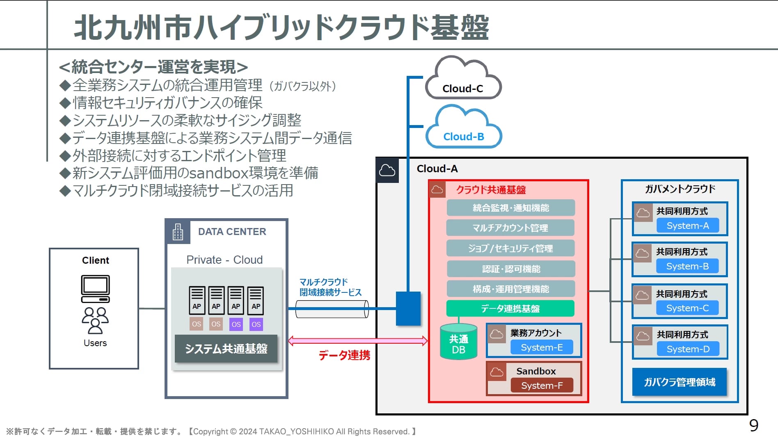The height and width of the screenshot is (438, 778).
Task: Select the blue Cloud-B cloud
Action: (464, 128)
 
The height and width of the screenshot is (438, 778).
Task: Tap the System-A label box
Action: (688, 226)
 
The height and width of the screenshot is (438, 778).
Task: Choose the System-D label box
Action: (688, 349)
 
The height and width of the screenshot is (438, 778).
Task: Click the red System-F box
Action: (542, 386)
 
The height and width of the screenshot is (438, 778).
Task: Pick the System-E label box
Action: (542, 347)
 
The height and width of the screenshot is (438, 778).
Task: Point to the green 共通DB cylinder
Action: (458, 342)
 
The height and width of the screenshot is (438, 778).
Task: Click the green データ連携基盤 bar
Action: (510, 308)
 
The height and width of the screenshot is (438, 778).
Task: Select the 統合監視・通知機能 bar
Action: (510, 208)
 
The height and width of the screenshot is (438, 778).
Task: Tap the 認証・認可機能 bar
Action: (510, 269)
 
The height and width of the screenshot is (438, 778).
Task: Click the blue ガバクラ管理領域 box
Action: (679, 382)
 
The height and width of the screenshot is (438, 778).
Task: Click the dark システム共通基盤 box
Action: (226, 349)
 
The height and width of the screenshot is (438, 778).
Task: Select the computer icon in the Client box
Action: (96, 289)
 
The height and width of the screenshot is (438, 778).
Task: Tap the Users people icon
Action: (95, 320)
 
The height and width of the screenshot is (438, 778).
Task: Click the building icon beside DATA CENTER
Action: (178, 232)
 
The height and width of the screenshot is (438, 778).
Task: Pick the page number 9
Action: (754, 426)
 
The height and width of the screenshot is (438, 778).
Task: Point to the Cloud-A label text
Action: (437, 169)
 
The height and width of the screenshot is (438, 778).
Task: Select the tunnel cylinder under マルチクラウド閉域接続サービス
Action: (332, 309)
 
